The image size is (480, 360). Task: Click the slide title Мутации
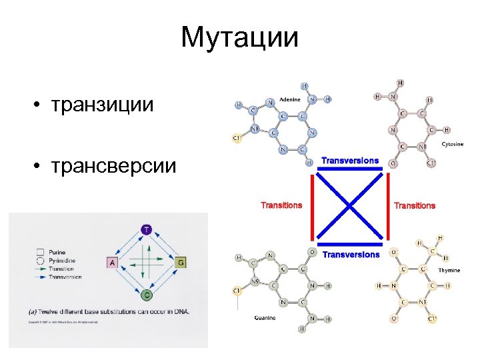(239, 37)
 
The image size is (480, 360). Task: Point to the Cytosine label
(453, 145)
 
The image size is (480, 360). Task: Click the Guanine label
(265, 318)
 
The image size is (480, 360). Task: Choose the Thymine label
(449, 271)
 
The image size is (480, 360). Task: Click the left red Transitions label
(281, 205)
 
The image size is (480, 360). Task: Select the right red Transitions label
(415, 205)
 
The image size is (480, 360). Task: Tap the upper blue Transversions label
(350, 161)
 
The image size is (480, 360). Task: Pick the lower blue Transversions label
(351, 254)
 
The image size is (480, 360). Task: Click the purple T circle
(147, 230)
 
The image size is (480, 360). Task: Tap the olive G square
(181, 263)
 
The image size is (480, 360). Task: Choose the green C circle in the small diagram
(147, 294)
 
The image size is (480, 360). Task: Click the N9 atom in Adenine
(254, 128)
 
